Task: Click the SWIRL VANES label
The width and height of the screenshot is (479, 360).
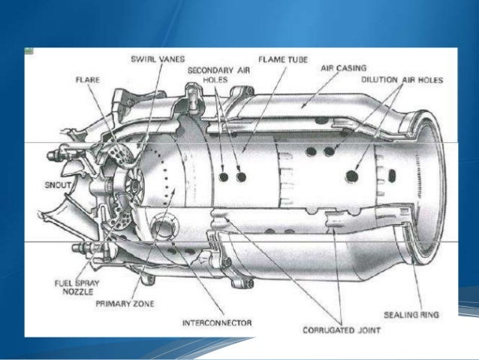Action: (x=158, y=59)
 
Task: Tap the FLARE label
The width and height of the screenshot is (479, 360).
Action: (x=88, y=80)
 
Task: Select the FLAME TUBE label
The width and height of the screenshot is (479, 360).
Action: (x=283, y=59)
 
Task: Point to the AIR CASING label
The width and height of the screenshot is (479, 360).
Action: (x=343, y=68)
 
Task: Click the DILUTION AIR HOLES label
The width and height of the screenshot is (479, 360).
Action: (x=402, y=80)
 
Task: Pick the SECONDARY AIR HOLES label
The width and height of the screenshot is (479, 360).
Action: (x=218, y=75)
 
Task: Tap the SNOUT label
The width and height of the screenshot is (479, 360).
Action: (x=58, y=185)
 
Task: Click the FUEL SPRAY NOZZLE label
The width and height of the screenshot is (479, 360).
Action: (x=77, y=287)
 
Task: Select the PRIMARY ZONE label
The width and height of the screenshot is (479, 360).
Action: (x=125, y=304)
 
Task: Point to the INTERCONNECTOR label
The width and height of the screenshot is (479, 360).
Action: (x=217, y=323)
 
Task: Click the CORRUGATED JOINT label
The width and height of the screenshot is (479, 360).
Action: (x=342, y=331)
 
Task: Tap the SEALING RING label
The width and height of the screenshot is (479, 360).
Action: (x=411, y=315)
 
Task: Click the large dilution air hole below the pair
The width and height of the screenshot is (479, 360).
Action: (x=352, y=177)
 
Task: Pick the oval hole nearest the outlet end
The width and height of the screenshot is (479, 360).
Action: (x=392, y=175)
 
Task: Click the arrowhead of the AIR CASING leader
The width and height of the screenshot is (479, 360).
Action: (x=303, y=106)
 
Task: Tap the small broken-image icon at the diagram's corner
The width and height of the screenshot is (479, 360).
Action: (x=29, y=51)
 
